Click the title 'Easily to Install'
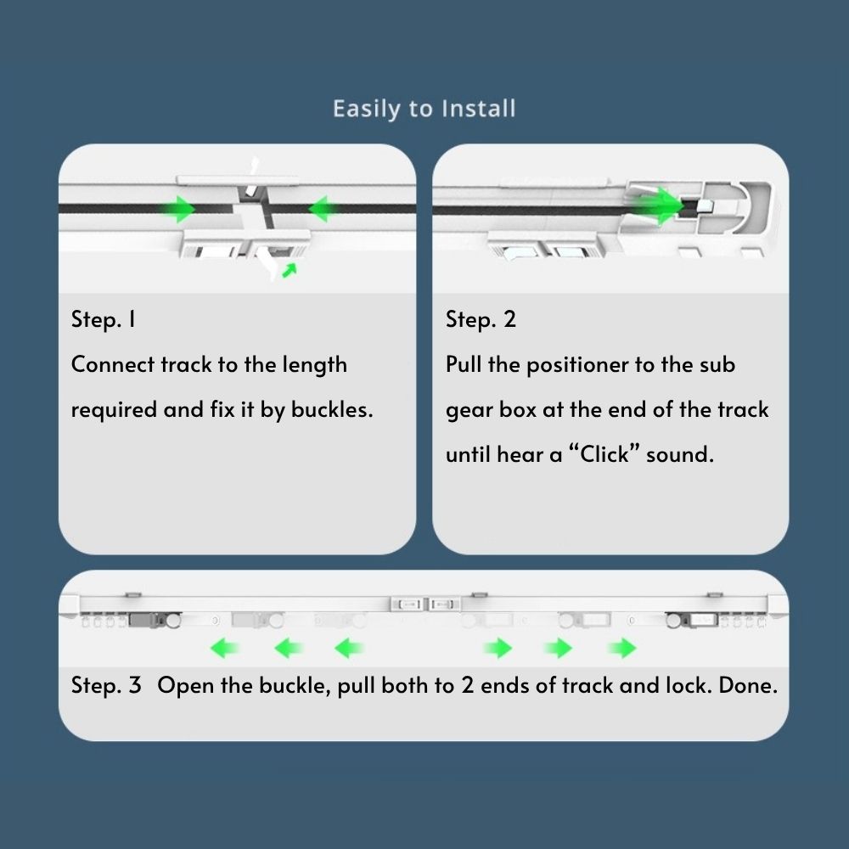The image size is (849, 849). tap(424, 109)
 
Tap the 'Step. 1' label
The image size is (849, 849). tap(104, 319)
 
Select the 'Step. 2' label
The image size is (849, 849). tap(481, 319)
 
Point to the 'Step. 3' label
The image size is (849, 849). tap(106, 685)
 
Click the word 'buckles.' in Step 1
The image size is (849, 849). tap(332, 409)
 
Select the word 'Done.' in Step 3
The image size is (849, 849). tap(748, 685)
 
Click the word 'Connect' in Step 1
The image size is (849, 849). tap(113, 364)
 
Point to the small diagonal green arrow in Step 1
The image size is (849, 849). tap(290, 270)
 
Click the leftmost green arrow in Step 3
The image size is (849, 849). tap(225, 648)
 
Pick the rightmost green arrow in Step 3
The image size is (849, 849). tap(622, 648)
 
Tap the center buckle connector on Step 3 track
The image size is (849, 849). tap(425, 604)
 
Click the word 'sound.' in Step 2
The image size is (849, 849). tap(680, 454)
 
